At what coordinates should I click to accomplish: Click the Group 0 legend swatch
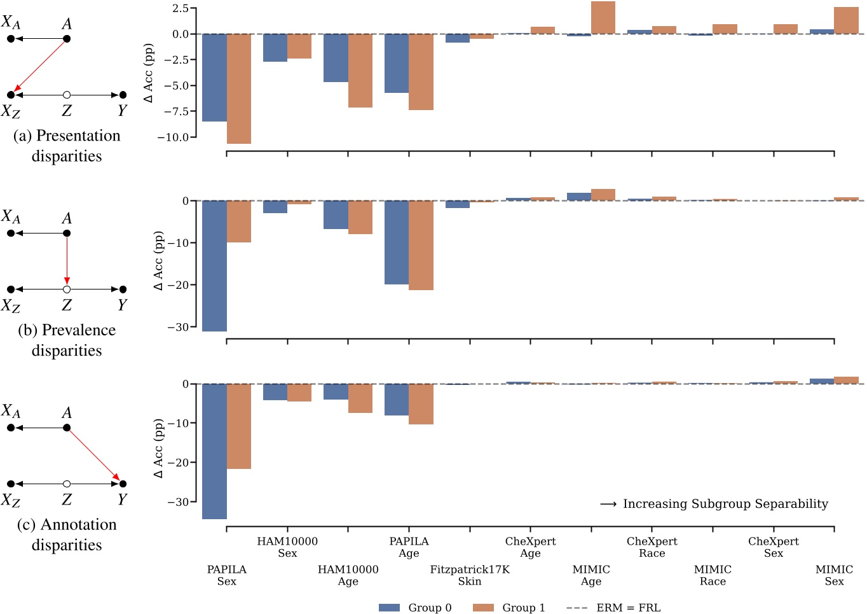click(x=389, y=608)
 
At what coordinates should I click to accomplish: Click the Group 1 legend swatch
click(x=483, y=608)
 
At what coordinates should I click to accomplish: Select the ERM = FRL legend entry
click(x=613, y=608)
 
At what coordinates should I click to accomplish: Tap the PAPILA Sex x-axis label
click(x=226, y=575)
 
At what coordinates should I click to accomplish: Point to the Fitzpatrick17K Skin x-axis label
click(x=470, y=575)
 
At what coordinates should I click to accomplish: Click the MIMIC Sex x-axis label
click(x=834, y=575)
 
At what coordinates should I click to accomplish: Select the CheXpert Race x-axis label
click(x=652, y=547)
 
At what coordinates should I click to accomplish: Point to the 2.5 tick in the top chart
click(x=181, y=8)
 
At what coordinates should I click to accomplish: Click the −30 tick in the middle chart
click(x=178, y=327)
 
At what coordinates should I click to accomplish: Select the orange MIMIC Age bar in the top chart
click(x=603, y=18)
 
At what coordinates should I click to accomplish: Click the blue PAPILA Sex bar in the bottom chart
click(x=214, y=451)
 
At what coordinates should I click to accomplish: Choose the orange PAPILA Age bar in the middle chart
click(x=421, y=245)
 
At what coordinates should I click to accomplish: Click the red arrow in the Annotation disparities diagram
click(x=94, y=455)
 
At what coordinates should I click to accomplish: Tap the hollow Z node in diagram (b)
click(x=67, y=290)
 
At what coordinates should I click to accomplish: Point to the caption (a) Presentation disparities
click(x=67, y=146)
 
